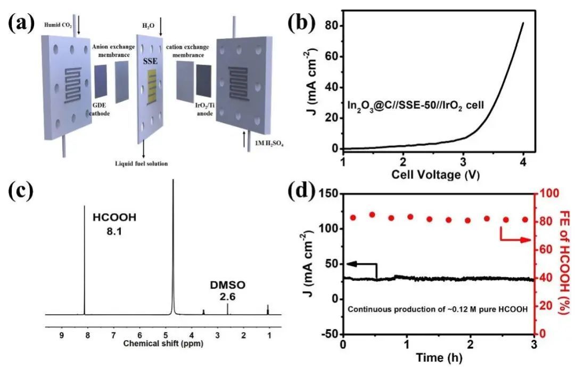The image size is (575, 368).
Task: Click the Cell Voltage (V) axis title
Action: pos(433,175)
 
